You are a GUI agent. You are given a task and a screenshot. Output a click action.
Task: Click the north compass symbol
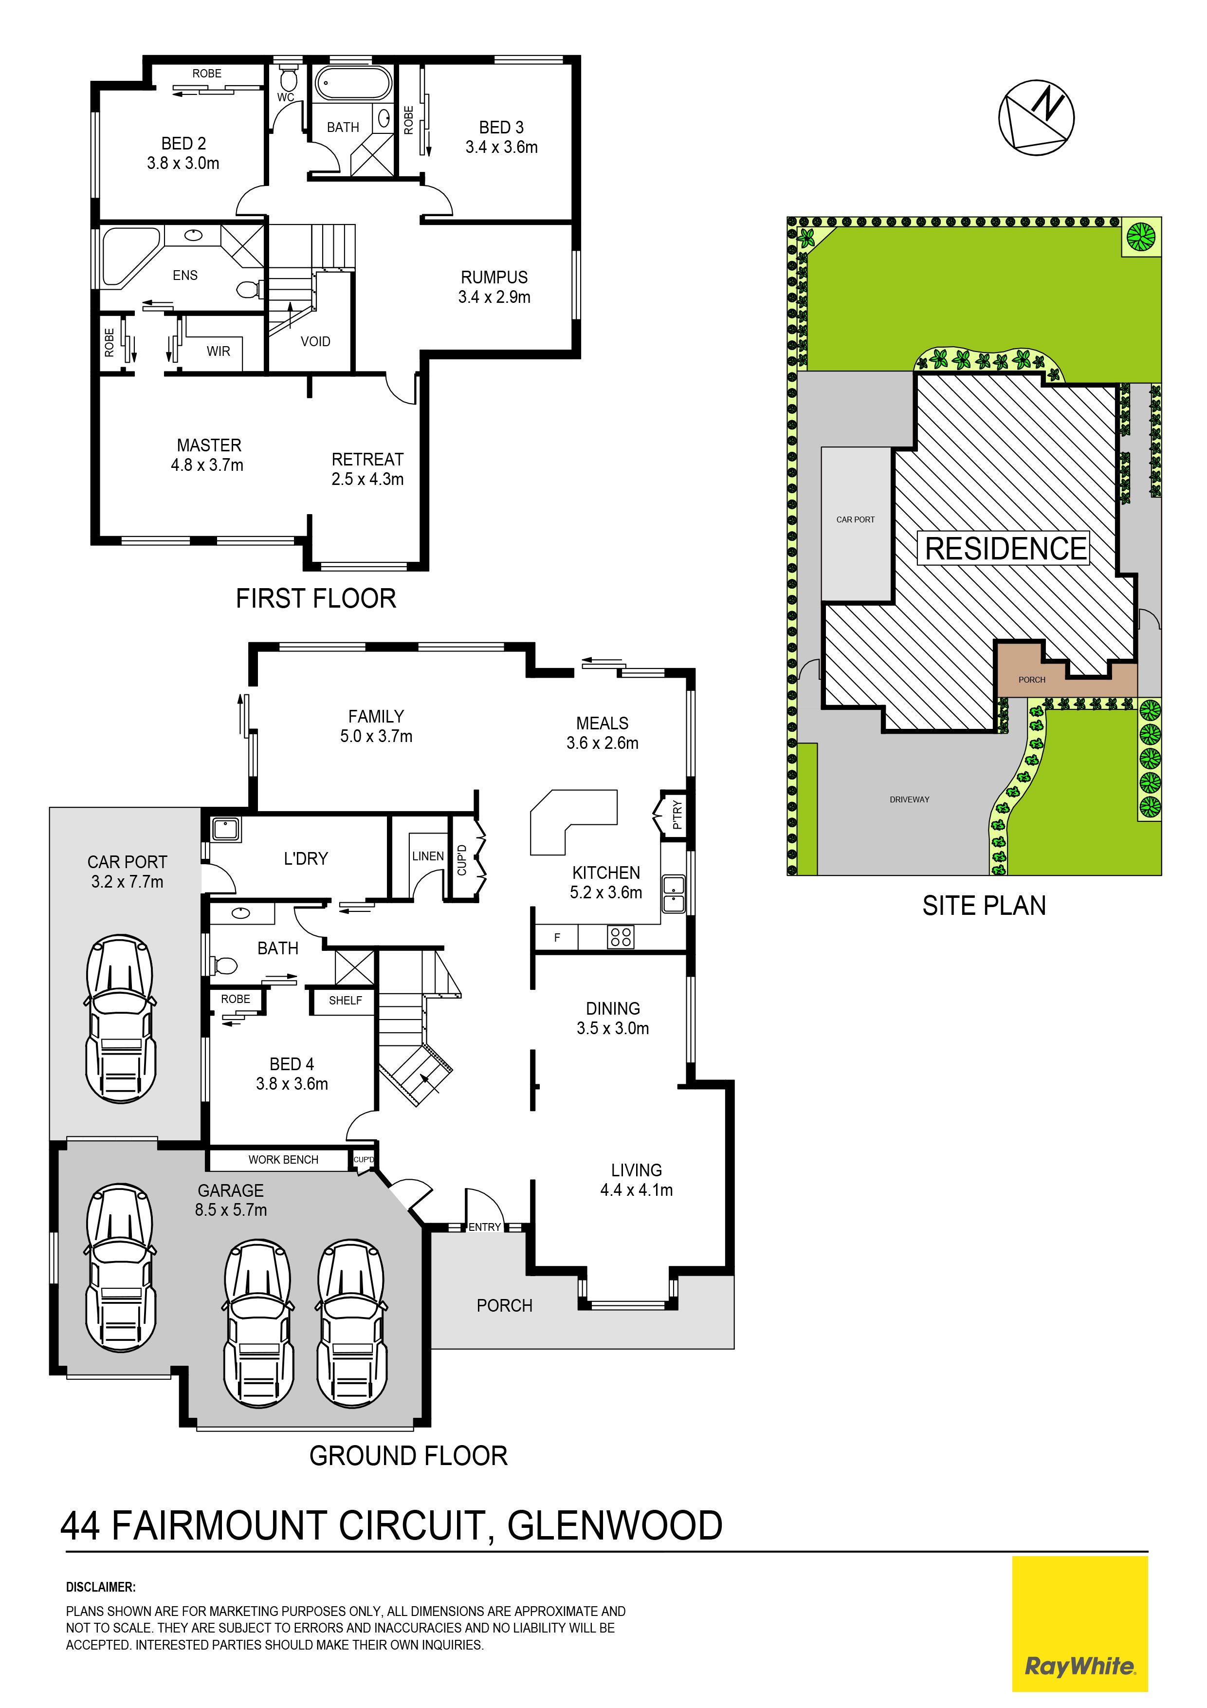tap(1036, 117)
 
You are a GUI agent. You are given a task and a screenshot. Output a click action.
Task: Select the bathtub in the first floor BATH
tap(353, 84)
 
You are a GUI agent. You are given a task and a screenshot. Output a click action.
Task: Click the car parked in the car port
tap(121, 1019)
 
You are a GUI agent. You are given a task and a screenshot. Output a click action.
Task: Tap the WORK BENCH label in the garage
tap(283, 1160)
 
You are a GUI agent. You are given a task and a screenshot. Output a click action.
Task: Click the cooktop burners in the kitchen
tap(620, 937)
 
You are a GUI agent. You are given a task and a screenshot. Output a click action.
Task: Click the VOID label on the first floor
tap(315, 341)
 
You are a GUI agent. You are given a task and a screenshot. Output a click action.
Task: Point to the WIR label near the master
tap(219, 351)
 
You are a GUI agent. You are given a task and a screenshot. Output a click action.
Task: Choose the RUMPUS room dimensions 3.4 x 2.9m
tap(494, 297)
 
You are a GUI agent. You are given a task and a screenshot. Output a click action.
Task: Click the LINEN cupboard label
tap(428, 856)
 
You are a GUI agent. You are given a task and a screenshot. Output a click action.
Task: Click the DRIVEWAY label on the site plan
tap(910, 799)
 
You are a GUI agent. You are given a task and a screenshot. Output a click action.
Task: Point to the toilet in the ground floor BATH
tap(224, 965)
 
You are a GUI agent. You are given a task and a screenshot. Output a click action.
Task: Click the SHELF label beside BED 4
tap(346, 1001)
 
